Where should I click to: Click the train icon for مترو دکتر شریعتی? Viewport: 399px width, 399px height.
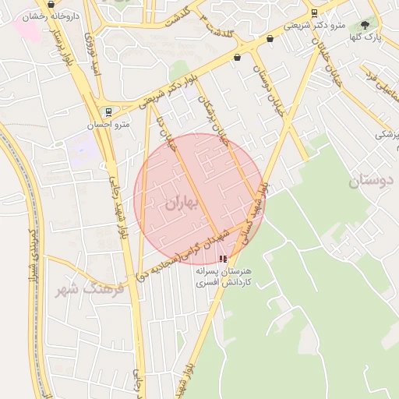pos(314,12)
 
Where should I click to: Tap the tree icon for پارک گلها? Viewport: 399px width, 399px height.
pos(365,25)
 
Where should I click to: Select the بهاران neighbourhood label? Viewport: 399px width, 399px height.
pos(182,203)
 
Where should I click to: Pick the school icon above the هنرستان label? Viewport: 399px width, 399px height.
pos(224,258)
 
